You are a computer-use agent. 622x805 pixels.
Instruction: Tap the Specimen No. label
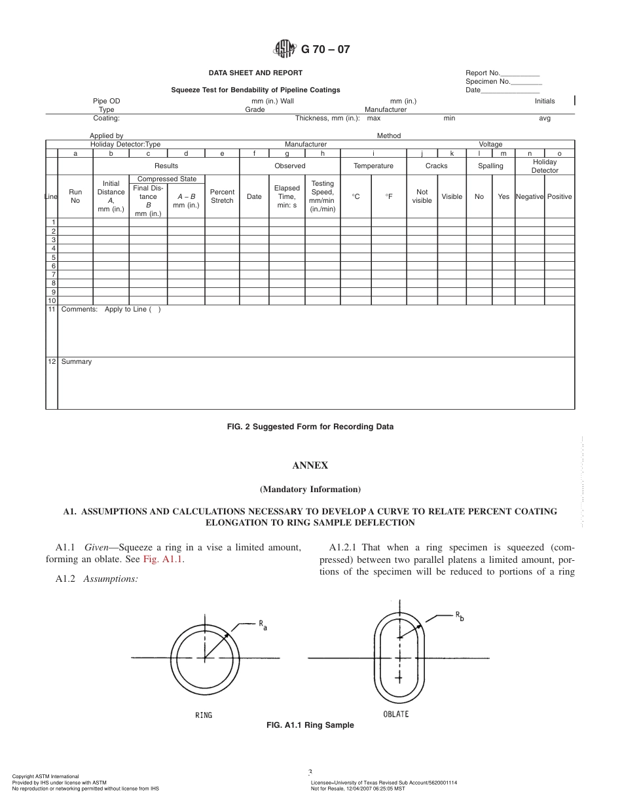(486, 82)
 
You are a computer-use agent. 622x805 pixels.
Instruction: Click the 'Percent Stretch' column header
(222, 196)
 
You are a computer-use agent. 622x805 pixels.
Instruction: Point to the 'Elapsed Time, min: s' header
(287, 196)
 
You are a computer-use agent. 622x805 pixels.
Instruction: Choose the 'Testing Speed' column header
(322, 196)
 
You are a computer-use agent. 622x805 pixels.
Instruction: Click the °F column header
(390, 196)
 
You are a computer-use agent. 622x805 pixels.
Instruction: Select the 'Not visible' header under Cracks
(422, 196)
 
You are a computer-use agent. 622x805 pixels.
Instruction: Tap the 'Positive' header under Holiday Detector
(559, 196)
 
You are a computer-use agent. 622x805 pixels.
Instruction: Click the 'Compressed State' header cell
(167, 179)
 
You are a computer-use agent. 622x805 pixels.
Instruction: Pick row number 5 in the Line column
(52, 257)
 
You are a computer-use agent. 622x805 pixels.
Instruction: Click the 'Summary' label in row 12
(76, 362)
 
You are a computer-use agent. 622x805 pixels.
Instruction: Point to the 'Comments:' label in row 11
(79, 310)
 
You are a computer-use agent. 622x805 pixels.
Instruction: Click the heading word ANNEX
(310, 466)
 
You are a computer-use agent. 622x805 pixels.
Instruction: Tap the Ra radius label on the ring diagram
(263, 626)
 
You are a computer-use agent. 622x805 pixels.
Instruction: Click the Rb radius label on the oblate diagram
(460, 617)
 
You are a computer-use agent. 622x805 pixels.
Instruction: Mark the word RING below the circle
(204, 715)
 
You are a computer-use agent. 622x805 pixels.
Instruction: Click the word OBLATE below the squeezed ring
(395, 714)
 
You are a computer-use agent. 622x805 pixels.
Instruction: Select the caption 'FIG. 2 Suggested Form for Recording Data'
(310, 427)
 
